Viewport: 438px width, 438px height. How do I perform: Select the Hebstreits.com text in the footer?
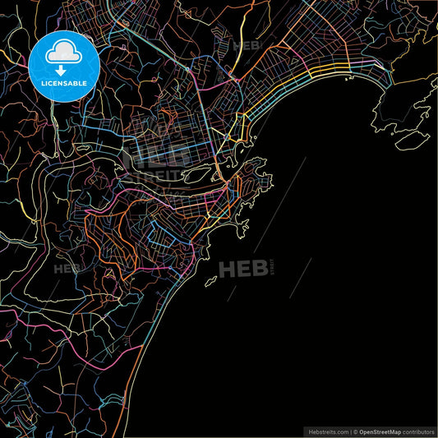coord(326,431)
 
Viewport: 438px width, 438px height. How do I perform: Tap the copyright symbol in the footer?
coord(355,431)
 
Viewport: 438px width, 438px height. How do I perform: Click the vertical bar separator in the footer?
coord(349,431)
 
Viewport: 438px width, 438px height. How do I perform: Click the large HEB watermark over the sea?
coord(244,267)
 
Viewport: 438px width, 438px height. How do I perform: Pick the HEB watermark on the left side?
coord(68,268)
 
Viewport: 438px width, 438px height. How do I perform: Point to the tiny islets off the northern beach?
coord(348,80)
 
